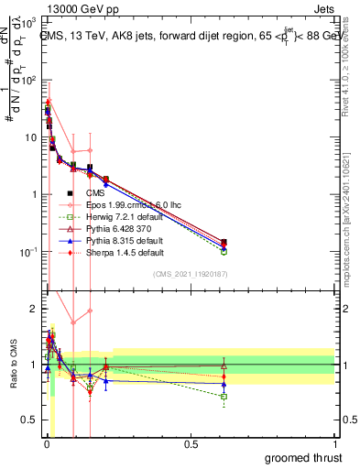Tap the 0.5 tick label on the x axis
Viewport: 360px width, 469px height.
click(x=190, y=444)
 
